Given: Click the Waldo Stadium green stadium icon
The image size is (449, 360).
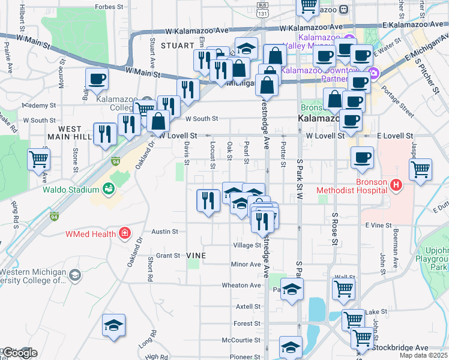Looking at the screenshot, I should pyautogui.click(x=109, y=190).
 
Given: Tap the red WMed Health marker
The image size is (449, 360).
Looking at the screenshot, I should pyautogui.click(x=125, y=233).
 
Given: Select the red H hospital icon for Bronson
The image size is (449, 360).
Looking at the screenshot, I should pyautogui.click(x=396, y=185).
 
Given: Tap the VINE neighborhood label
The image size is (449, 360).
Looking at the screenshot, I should pyautogui.click(x=196, y=256).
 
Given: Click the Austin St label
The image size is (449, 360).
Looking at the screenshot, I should pyautogui.click(x=165, y=231).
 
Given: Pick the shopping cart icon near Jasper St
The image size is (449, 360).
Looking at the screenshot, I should pyautogui.click(x=420, y=169).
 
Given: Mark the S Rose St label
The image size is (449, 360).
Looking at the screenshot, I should pyautogui.click(x=334, y=229).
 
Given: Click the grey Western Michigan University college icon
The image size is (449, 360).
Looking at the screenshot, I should pyautogui.click(x=75, y=275).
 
